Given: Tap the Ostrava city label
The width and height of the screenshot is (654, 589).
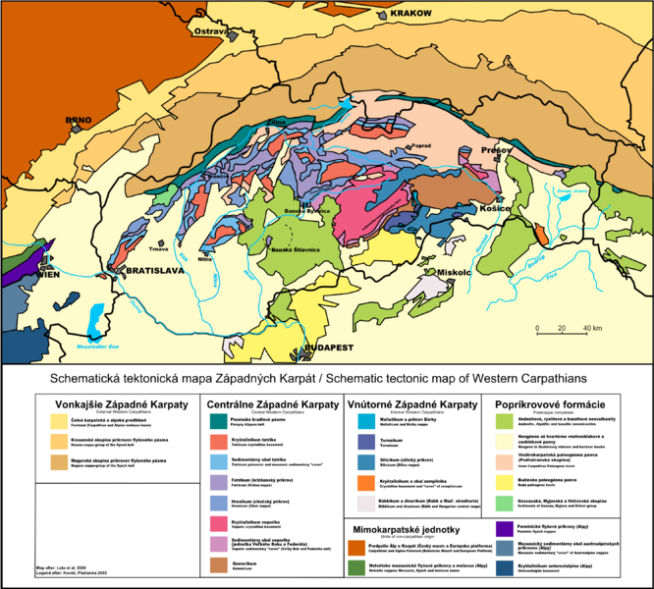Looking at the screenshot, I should click(210, 32).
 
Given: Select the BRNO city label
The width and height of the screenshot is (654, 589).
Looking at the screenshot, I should click(78, 121).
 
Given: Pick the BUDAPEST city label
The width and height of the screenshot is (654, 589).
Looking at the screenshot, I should click(327, 348).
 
